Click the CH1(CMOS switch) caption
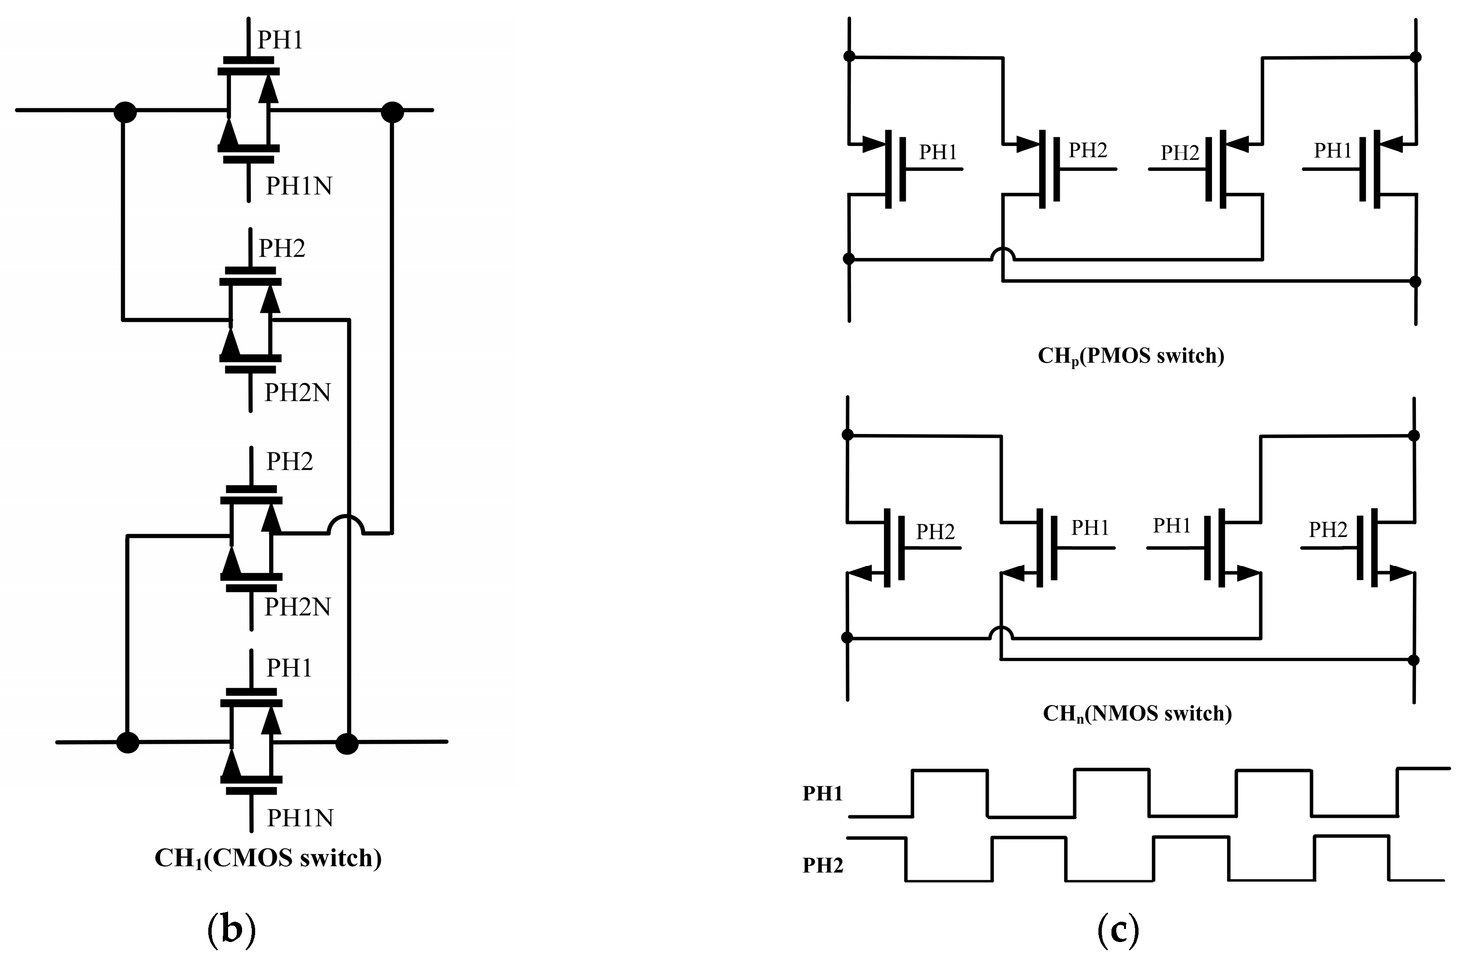click(x=268, y=858)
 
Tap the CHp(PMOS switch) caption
click(x=1130, y=356)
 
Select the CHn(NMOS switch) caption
click(x=1137, y=713)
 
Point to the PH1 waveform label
click(x=822, y=793)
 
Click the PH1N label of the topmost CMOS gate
click(x=299, y=186)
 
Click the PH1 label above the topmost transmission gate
click(x=280, y=40)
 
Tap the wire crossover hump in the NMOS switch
click(x=1001, y=632)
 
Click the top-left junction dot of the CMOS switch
click(x=126, y=113)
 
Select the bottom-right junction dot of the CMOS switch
click(x=347, y=744)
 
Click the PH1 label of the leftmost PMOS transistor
click(x=937, y=152)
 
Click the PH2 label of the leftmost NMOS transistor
click(x=935, y=532)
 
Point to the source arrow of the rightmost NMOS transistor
click(x=1400, y=573)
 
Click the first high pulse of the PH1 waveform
click(x=950, y=770)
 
